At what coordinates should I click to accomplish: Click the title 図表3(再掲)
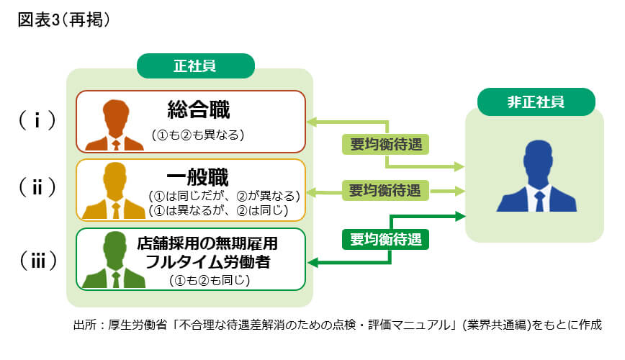pyautogui.click(x=63, y=19)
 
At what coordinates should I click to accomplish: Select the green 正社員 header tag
pyautogui.click(x=195, y=66)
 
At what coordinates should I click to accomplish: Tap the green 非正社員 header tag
pyautogui.click(x=535, y=101)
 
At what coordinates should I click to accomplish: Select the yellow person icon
pyautogui.click(x=114, y=193)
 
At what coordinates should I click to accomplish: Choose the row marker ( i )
pyautogui.click(x=37, y=120)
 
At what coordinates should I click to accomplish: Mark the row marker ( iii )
pyautogui.click(x=37, y=259)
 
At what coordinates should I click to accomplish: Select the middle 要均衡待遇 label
pyautogui.click(x=385, y=191)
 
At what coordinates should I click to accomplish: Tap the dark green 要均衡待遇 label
pyautogui.click(x=385, y=238)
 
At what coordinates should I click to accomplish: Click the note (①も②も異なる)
pyautogui.click(x=199, y=135)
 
